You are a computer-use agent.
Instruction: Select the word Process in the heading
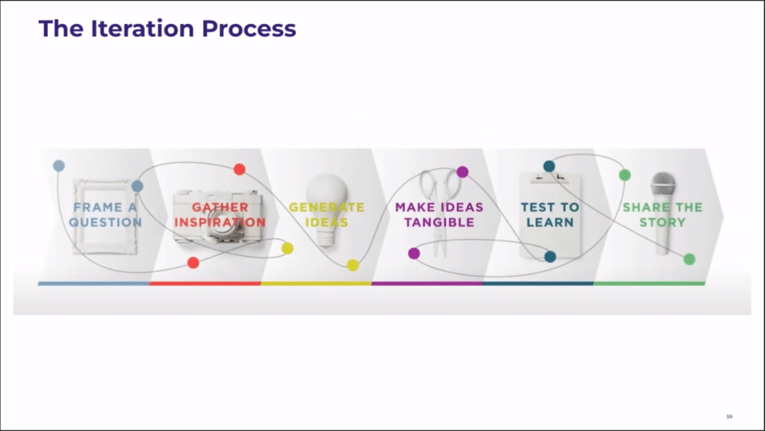249,28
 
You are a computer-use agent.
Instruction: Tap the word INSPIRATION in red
220,223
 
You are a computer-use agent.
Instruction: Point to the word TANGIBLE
439,223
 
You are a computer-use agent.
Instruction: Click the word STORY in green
663,223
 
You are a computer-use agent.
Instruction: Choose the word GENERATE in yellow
327,207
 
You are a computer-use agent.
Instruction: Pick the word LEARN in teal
550,223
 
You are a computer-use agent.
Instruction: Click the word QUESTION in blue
105,223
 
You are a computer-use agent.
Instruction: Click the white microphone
663,213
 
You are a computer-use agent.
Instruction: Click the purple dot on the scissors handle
462,172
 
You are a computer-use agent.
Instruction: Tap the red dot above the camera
240,169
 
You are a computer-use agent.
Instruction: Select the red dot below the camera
193,263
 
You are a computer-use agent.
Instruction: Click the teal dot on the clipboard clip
549,167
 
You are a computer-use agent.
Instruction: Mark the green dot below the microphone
690,259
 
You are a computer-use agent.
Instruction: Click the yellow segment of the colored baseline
316,283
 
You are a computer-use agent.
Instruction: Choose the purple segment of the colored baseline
427,283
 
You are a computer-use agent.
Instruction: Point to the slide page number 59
729,416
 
